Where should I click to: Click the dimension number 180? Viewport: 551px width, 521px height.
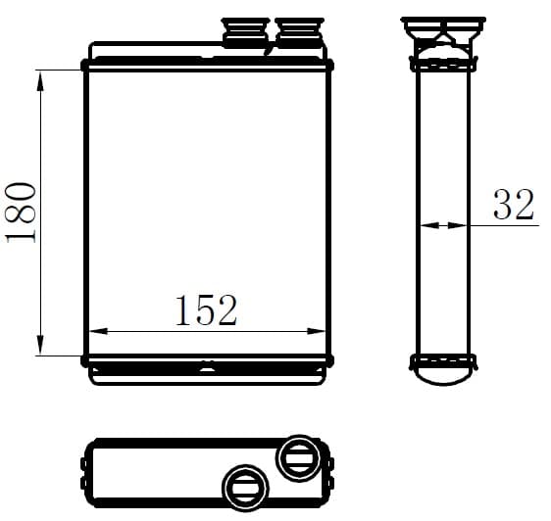click(x=23, y=212)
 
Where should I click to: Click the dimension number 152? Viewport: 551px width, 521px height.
click(x=206, y=310)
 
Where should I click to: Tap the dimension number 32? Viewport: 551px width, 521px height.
click(x=514, y=205)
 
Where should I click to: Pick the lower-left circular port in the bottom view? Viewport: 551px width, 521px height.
click(x=243, y=485)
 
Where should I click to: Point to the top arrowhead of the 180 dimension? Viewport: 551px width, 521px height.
click(x=41, y=80)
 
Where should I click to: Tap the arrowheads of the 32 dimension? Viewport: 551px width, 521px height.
click(x=443, y=224)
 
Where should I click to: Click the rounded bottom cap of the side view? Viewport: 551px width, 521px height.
click(x=443, y=373)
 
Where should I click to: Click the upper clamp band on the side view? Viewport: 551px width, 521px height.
click(x=443, y=66)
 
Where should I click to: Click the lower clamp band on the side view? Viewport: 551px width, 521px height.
click(x=443, y=359)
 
